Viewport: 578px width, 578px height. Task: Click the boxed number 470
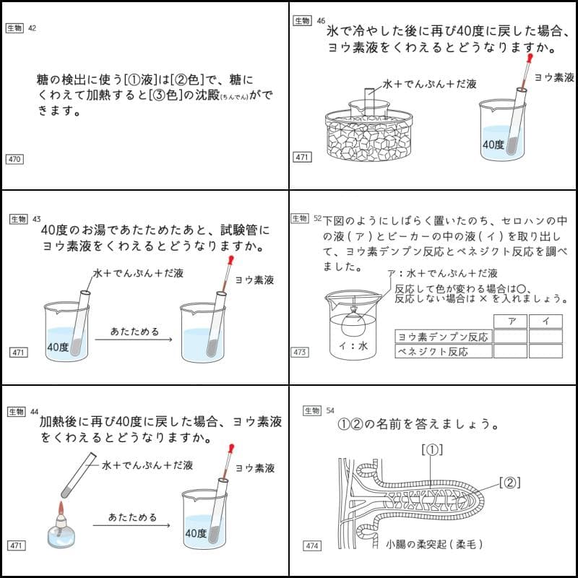14,159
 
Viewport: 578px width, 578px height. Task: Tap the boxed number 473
301,352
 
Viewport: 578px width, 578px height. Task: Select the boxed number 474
303,546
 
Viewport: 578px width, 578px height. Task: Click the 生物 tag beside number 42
14,28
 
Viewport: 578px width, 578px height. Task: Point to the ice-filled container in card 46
368,137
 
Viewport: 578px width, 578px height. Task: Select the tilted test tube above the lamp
75,473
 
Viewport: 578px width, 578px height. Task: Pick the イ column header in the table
545,322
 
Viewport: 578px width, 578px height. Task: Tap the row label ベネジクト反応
433,352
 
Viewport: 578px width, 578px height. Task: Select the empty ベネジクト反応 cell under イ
545,352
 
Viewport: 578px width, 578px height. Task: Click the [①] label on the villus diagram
431,449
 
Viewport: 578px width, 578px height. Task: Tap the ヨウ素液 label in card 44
254,468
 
